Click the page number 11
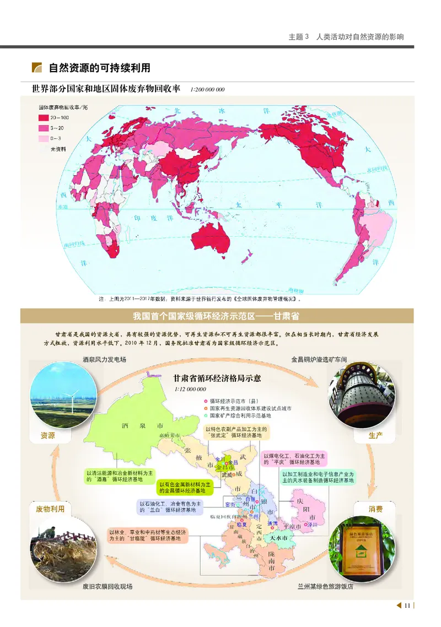(407, 606)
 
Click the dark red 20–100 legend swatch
(44, 117)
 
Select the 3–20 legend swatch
(44, 127)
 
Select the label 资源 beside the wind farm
(48, 435)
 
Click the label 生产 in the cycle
(376, 435)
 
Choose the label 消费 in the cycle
(376, 509)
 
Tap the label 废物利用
(50, 509)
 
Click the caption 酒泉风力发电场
(104, 360)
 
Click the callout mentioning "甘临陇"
(148, 535)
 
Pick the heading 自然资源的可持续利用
(99, 68)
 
